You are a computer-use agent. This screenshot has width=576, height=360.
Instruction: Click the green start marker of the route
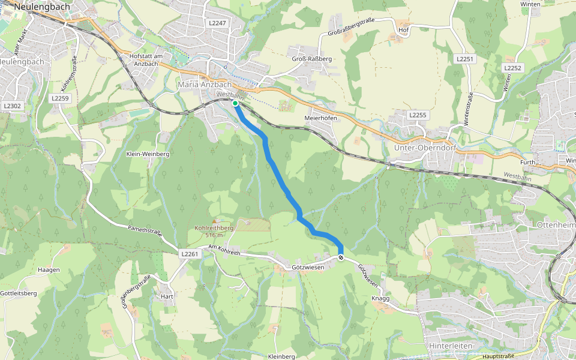point(235,104)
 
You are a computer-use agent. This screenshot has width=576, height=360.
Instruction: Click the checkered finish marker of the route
point(341,257)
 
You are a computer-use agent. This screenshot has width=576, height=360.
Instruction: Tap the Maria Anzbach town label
point(205,85)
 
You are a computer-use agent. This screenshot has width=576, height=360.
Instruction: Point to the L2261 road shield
point(190,254)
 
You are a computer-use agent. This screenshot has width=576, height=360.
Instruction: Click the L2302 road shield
point(12,106)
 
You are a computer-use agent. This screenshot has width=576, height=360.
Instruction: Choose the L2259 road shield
point(61,98)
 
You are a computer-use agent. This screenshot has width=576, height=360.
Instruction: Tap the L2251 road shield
point(465,59)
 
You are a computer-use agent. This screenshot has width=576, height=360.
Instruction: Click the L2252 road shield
point(513,68)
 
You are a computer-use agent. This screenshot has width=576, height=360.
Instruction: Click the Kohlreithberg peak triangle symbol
point(214,221)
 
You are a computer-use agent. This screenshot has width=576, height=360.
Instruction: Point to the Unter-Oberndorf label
point(422,147)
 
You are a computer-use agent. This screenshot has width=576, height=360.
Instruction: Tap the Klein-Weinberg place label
point(148,154)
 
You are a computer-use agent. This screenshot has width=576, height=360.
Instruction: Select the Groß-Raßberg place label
point(311,59)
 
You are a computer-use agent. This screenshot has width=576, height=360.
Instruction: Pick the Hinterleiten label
point(451,346)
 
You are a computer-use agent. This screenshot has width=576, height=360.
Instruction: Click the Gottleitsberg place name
point(19,293)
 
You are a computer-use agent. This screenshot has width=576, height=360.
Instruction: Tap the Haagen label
point(49,270)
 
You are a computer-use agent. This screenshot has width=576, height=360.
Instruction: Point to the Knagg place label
point(380,298)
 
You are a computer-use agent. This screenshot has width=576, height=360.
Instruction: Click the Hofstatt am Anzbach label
point(147,59)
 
